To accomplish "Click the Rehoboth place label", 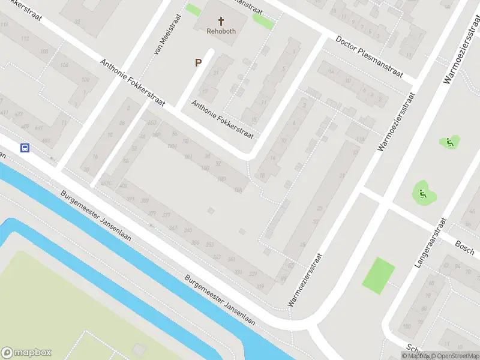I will pyautogui.click(x=221, y=31).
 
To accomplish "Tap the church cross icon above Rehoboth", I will pyautogui.click(x=221, y=20).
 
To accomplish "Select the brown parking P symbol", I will pyautogui.click(x=197, y=62).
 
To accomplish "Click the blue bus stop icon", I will pyautogui.click(x=25, y=148).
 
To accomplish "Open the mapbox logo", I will pyautogui.click(x=26, y=353).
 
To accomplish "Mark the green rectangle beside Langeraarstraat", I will pyautogui.click(x=379, y=275).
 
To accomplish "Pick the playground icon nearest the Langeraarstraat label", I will pyautogui.click(x=422, y=193).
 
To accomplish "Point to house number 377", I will pyautogui.click(x=167, y=215).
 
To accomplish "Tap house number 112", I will pyautogui.click(x=25, y=38).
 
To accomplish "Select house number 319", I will pyautogui.click(x=260, y=287).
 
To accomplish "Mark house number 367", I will pyautogui.click(x=173, y=227).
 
